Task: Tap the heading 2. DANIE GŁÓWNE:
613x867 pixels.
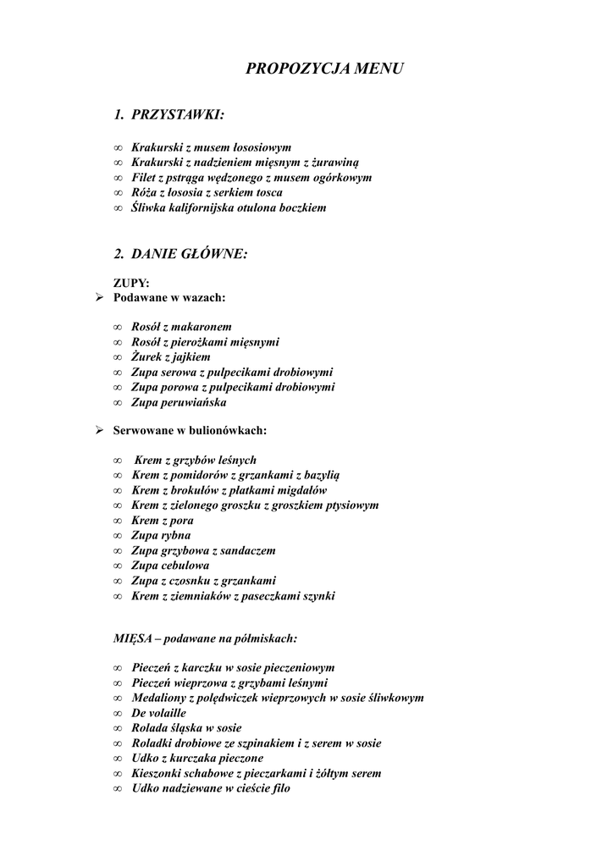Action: [181, 253]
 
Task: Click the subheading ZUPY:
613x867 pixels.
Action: [131, 284]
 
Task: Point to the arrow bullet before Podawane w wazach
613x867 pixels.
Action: [98, 297]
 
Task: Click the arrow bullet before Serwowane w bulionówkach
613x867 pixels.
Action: [98, 430]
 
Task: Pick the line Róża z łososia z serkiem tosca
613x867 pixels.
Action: [207, 192]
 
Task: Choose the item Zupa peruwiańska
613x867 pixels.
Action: [179, 402]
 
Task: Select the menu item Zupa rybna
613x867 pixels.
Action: [161, 535]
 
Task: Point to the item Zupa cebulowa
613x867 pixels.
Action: [170, 565]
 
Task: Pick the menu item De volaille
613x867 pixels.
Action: [158, 713]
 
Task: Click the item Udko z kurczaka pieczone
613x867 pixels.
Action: [197, 758]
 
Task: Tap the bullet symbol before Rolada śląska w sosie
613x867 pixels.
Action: [118, 728]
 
